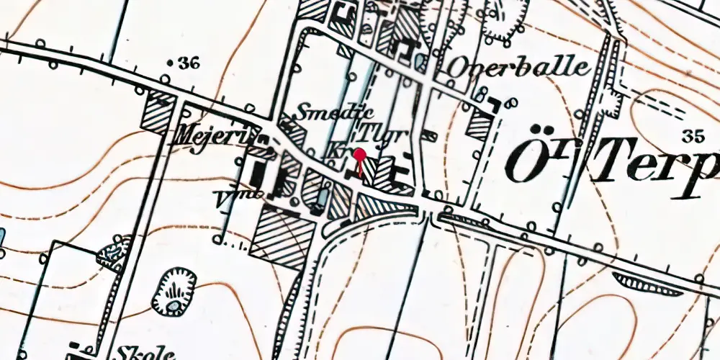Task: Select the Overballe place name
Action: pyautogui.click(x=518, y=67)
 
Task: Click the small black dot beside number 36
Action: pyautogui.click(x=170, y=64)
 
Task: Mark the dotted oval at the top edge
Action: pyautogui.click(x=505, y=17)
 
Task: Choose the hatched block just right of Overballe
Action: pyautogui.click(x=478, y=123)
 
